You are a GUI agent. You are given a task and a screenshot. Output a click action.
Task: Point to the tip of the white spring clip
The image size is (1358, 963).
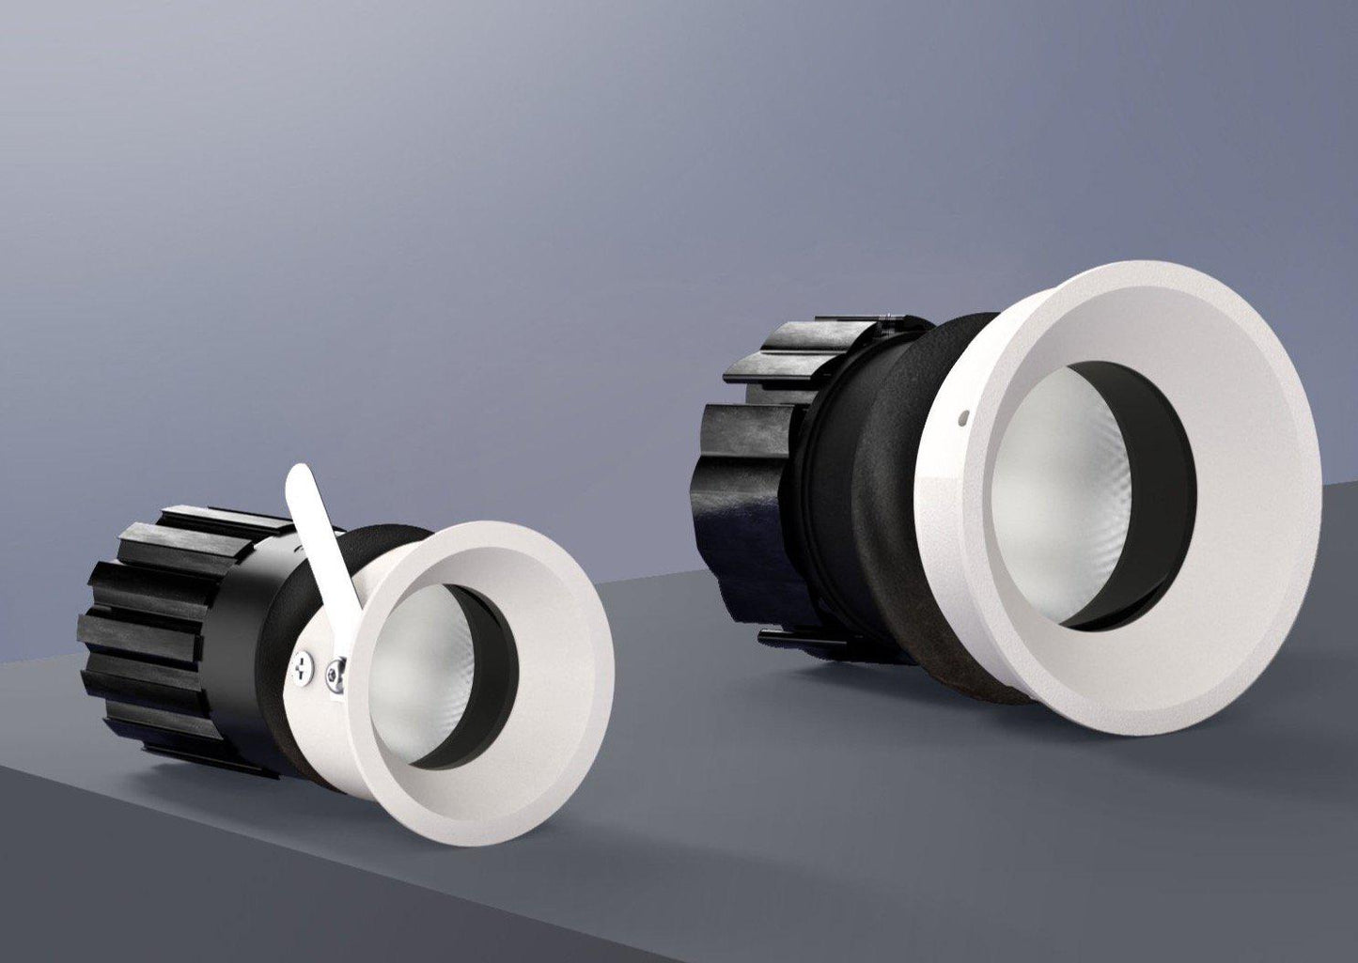(x=300, y=473)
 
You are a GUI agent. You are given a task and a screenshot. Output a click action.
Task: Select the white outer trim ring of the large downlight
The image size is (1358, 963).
(x=1250, y=470)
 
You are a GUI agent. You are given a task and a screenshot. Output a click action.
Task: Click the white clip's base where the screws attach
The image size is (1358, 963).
(x=320, y=669)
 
